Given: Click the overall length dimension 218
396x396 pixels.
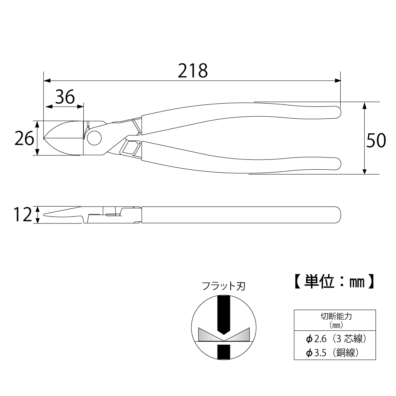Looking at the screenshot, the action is click(193, 71).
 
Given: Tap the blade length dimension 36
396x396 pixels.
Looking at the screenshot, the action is click(65, 97).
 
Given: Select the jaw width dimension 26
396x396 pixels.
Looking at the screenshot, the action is click(24, 138).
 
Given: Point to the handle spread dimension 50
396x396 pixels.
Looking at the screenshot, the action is click(376, 140).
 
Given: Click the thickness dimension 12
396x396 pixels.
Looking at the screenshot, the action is click(23, 215).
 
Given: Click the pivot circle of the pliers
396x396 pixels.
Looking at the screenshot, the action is click(94, 138).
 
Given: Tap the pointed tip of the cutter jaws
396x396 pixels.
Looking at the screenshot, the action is click(44, 138).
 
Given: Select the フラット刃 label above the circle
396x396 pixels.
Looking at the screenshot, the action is click(224, 286).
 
